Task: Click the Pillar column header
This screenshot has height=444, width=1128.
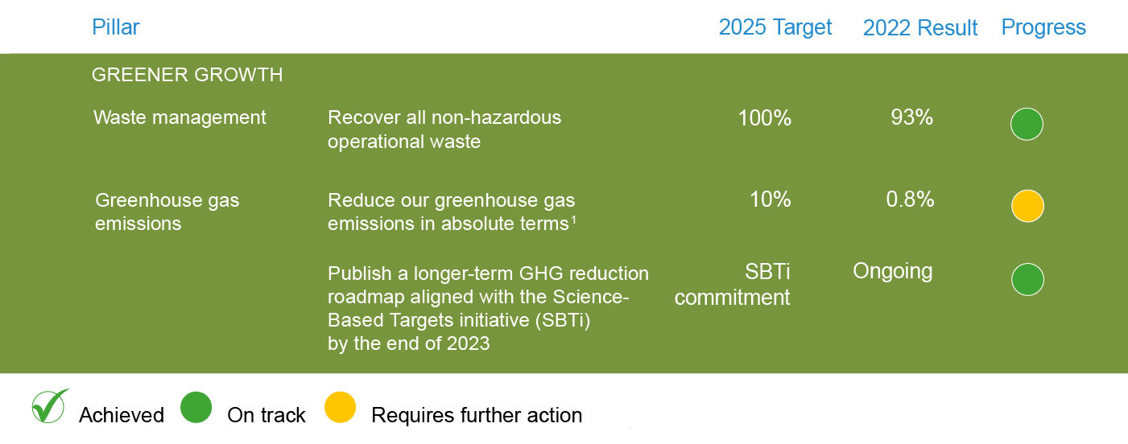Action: (x=115, y=27)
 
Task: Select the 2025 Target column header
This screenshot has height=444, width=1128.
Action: (x=775, y=27)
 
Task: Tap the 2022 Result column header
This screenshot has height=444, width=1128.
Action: (x=920, y=27)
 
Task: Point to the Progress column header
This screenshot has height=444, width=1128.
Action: (x=1043, y=27)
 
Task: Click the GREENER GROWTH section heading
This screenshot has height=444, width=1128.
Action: (x=188, y=75)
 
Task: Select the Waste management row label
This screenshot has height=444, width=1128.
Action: (x=180, y=117)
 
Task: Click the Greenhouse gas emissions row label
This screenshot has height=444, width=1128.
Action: (x=167, y=212)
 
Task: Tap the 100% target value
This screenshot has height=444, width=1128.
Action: (x=764, y=118)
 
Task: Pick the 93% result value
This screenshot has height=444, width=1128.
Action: (x=912, y=117)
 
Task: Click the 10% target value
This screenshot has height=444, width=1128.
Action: (x=771, y=199)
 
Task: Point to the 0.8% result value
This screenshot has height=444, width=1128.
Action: (x=910, y=199)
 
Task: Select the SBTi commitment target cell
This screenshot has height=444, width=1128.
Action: (x=732, y=285)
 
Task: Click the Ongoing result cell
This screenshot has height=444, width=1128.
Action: (x=892, y=272)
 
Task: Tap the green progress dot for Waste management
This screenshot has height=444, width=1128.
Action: (x=1027, y=124)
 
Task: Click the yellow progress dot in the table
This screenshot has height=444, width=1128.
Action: (x=1028, y=206)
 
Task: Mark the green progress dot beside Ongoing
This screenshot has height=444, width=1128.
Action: (x=1028, y=280)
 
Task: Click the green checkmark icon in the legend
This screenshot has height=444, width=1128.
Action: (x=50, y=406)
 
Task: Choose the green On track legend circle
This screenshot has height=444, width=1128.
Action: (x=196, y=407)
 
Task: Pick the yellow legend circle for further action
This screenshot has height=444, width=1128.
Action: (x=340, y=407)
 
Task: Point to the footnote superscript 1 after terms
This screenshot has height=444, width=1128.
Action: (x=573, y=220)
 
